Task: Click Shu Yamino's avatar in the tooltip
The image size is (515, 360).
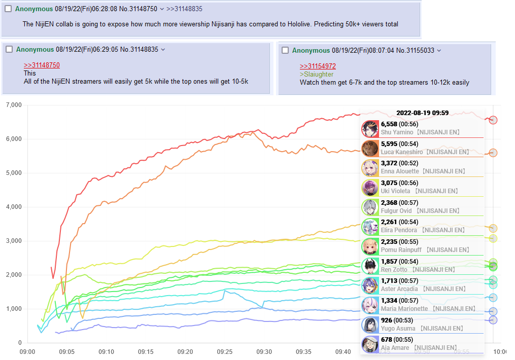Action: (370, 129)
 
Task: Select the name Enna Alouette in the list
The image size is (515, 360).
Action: (400, 171)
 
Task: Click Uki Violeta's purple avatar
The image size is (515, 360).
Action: (370, 188)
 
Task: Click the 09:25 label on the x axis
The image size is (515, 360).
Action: (225, 352)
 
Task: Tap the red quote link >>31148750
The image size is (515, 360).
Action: (42, 65)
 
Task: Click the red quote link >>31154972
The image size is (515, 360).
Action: (318, 66)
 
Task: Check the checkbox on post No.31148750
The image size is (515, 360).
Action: (8, 9)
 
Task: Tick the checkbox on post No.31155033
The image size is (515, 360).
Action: (285, 50)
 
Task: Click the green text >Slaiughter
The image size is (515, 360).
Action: (317, 75)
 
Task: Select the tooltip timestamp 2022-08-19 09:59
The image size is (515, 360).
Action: (422, 113)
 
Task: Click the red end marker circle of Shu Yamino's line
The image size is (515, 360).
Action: (493, 120)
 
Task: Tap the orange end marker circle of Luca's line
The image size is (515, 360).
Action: (493, 153)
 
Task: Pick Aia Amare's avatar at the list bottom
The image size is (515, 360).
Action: (370, 344)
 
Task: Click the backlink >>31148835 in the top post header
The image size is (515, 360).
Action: (185, 9)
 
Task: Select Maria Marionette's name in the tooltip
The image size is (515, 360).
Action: (404, 308)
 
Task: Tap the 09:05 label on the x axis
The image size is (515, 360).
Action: (66, 352)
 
